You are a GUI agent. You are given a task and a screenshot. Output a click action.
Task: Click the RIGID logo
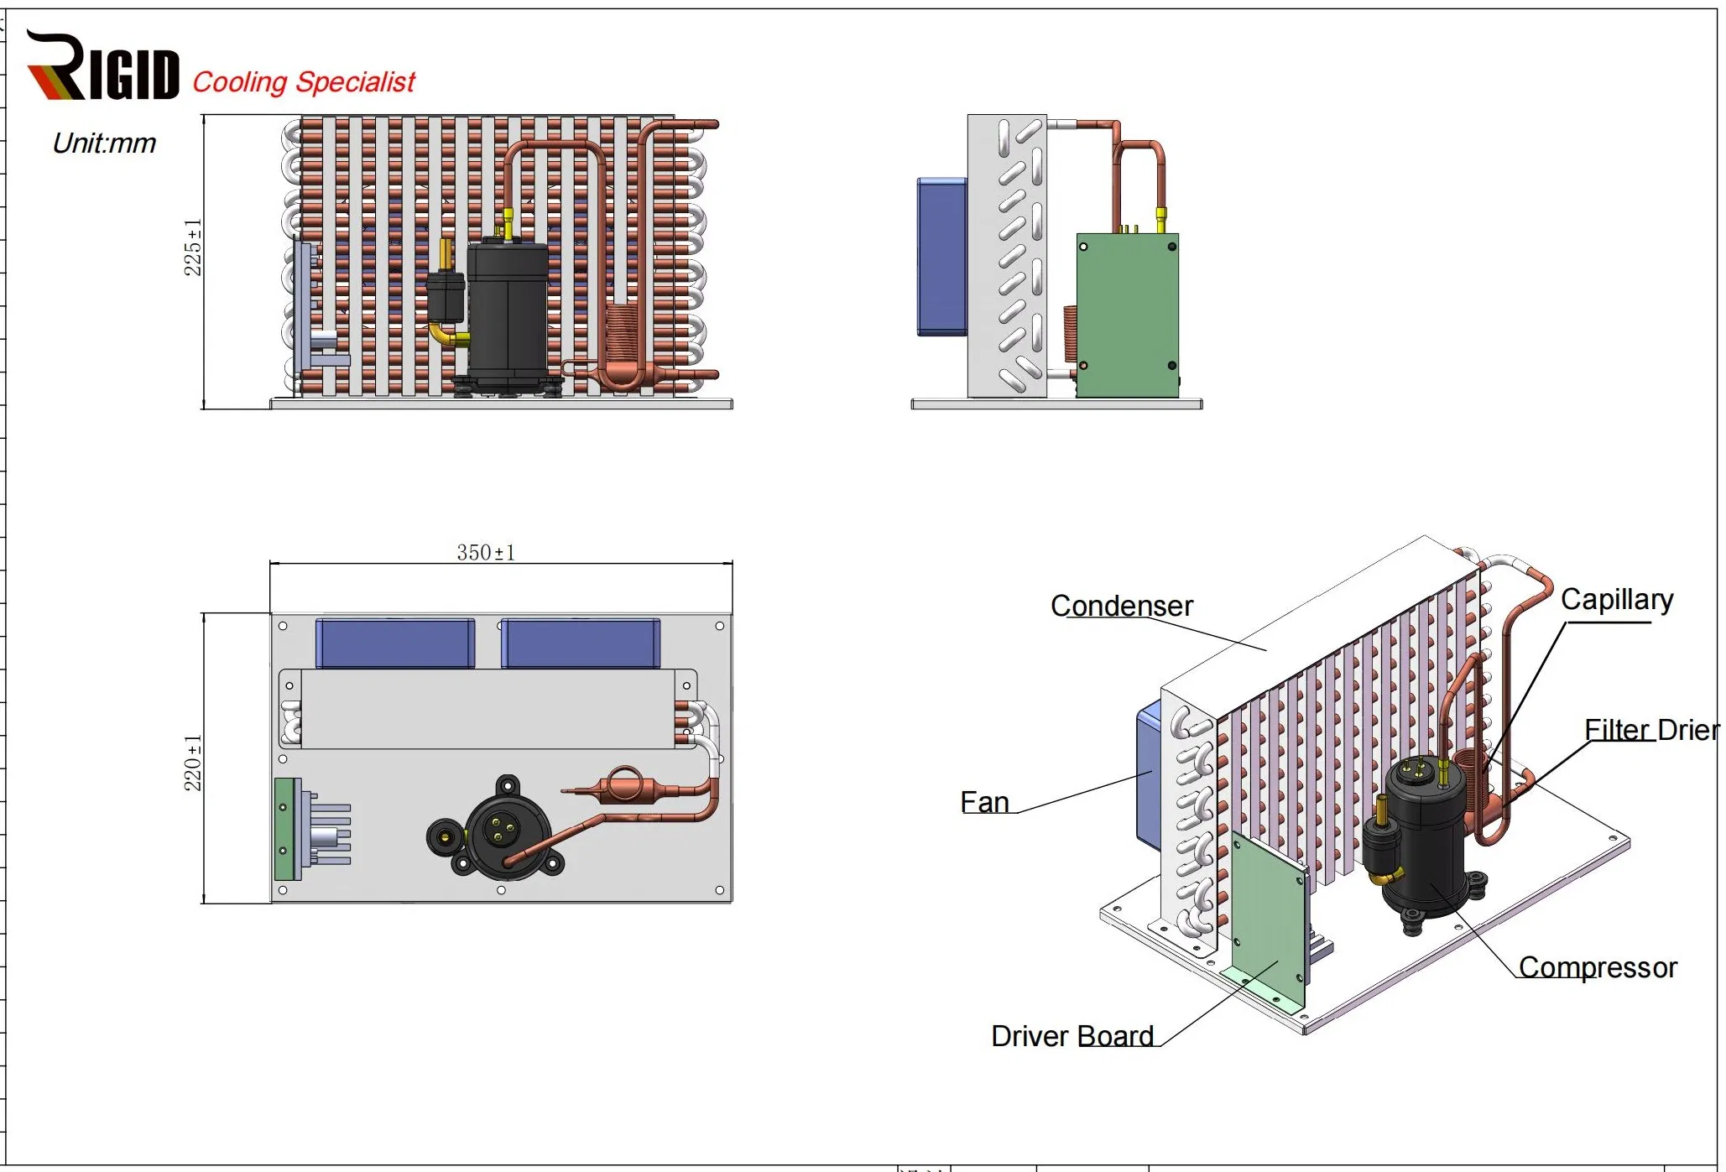[102, 67]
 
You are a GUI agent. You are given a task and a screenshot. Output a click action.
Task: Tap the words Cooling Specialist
[304, 82]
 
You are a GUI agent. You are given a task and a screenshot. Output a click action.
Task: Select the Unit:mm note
[104, 143]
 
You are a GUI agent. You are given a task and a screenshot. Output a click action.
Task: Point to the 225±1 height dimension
[193, 247]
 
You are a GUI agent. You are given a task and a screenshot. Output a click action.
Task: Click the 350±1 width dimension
[486, 552]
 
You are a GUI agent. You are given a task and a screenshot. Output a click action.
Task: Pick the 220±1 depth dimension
[193, 763]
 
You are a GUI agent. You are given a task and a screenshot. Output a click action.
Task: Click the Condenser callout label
[1121, 606]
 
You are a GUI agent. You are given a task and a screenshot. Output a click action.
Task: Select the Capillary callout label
[1616, 600]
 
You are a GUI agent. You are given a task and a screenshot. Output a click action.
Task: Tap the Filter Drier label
[1650, 729]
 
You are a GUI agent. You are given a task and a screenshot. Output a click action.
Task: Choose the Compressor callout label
[1597, 967]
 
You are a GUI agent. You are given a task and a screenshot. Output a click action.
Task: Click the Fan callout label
[984, 802]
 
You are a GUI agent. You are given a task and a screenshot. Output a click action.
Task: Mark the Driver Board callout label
[1072, 1036]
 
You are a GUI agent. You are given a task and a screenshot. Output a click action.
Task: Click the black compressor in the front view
[507, 315]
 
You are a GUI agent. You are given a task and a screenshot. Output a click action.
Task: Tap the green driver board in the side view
[1127, 315]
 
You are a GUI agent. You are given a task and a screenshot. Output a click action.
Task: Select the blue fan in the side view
[941, 256]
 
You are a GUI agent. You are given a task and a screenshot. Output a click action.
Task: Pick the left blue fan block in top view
[395, 643]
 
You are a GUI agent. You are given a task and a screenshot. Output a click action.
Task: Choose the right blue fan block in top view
[581, 643]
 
